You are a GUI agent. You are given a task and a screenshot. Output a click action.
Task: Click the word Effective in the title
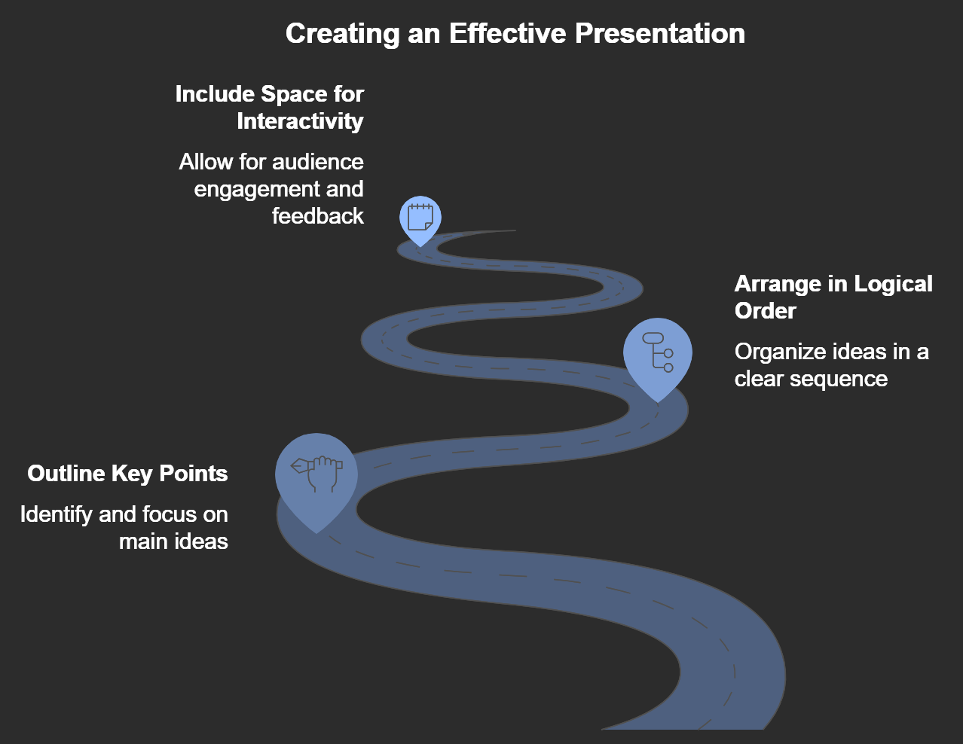coord(507,33)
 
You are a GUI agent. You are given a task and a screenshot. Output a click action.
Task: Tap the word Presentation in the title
coord(660,33)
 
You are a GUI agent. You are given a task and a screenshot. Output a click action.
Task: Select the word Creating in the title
coord(343,34)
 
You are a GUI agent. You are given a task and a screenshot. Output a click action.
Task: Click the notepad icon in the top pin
coord(420,217)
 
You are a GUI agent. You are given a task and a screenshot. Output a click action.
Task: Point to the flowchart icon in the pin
coord(658,352)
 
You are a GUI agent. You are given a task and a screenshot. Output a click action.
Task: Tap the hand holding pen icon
coord(316,474)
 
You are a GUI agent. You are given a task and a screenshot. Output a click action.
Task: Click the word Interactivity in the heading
coord(300,121)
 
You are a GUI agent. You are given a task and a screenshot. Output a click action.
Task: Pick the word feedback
coord(318,215)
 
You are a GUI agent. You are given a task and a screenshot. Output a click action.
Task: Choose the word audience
coord(318,162)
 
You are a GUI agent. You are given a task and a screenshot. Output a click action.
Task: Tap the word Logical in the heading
coord(893,285)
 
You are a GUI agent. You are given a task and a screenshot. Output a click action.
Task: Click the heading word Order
coord(766,310)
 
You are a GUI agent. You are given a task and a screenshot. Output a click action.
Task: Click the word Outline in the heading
coord(66,474)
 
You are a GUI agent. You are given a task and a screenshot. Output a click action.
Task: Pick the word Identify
coord(57,515)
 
